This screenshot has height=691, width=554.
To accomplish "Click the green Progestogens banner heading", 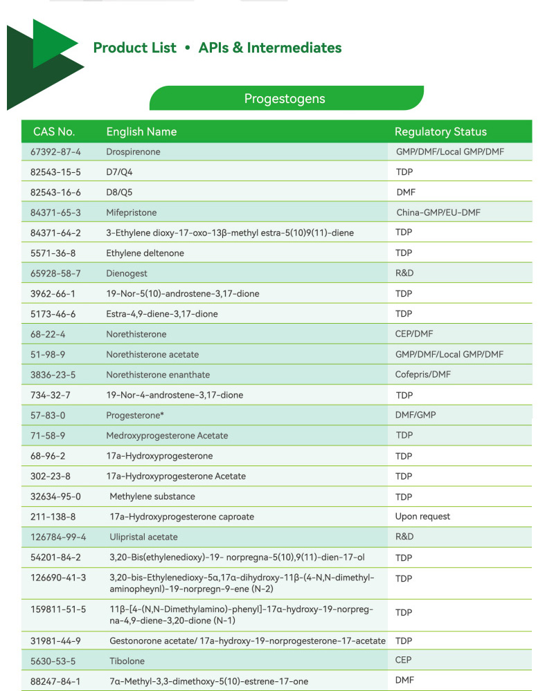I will click(x=285, y=98).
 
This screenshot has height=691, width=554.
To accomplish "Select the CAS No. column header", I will click(x=54, y=131).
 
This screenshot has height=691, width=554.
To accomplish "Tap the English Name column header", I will click(x=141, y=131).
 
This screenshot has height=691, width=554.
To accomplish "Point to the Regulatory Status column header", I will click(x=440, y=131).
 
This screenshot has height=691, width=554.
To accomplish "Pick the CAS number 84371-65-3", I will click(x=56, y=212).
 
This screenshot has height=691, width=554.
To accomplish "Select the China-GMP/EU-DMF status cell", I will click(x=438, y=212).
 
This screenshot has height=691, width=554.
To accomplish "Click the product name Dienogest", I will click(x=127, y=273).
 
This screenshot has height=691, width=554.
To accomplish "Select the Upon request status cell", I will click(x=422, y=517).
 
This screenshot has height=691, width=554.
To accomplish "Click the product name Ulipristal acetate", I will click(x=143, y=537).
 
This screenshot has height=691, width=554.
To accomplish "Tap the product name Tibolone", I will click(x=127, y=661).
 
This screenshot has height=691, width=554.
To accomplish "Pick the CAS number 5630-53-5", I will click(x=53, y=661).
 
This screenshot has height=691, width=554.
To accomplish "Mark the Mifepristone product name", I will click(x=132, y=212).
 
